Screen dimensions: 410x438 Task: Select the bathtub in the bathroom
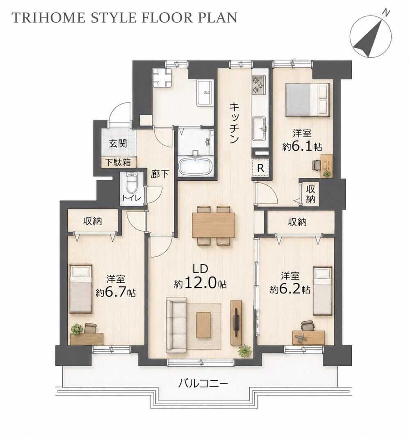196,166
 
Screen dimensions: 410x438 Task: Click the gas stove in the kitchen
259,84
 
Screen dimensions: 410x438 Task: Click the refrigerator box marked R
260,168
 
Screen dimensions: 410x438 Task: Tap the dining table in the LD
214,225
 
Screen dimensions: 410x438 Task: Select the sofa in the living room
176,325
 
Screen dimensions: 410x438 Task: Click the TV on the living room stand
235,322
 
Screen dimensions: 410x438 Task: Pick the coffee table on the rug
203,325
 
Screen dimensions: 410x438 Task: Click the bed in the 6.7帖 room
81,288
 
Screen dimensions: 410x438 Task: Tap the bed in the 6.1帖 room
307,100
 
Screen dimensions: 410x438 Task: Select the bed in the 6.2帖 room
323,291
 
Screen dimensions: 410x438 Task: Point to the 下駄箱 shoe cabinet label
118,163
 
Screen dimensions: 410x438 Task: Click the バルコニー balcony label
203,383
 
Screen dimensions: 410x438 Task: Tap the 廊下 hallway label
160,174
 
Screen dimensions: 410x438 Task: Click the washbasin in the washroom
205,93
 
